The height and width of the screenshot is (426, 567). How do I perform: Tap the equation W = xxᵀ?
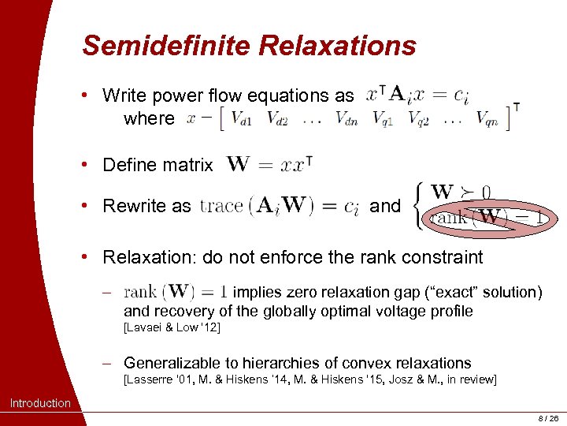270,165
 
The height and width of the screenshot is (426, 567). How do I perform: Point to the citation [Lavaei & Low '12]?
172,327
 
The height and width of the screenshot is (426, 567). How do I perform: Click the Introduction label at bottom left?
40,403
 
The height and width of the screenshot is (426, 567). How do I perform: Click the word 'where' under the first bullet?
149,118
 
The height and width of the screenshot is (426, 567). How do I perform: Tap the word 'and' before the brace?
385,206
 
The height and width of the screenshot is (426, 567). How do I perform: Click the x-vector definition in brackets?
354,118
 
